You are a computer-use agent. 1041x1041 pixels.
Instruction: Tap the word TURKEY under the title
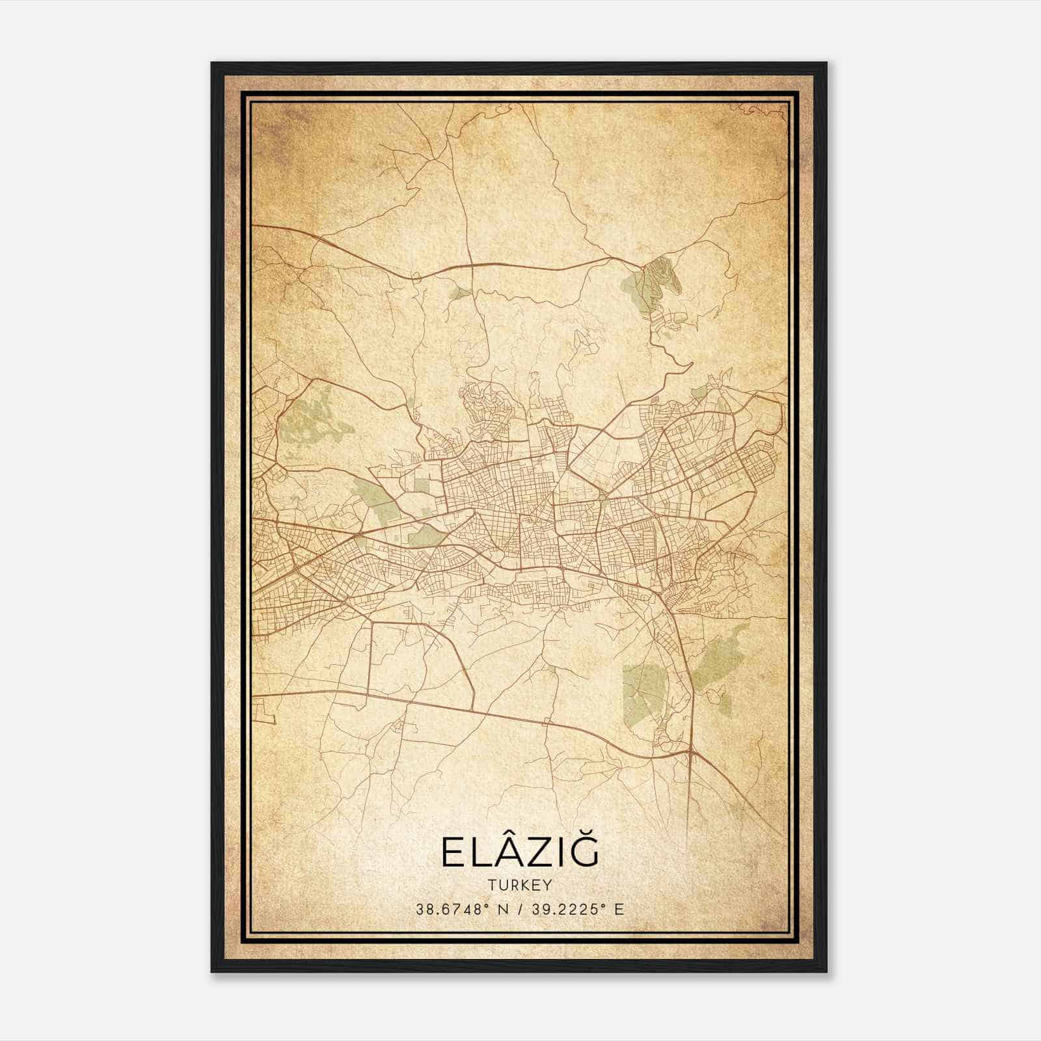point(520,886)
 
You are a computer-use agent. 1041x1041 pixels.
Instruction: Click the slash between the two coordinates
point(520,909)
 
